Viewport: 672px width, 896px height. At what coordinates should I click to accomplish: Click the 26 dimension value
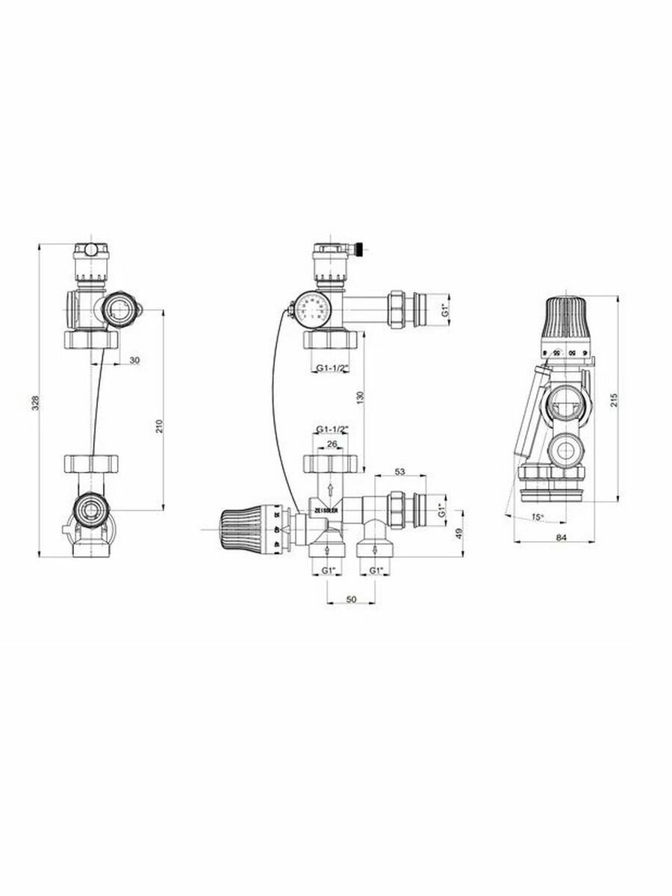[332, 444]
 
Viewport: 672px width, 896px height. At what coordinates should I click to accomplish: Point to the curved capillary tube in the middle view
[279, 403]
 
